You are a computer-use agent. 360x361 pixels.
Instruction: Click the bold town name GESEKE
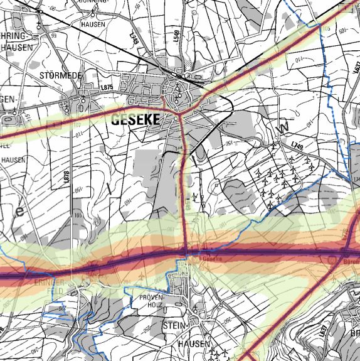(135, 121)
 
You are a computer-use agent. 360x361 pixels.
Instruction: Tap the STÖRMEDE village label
(61, 76)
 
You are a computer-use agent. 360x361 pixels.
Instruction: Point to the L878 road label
(65, 176)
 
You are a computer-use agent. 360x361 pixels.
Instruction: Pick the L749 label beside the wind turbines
(297, 146)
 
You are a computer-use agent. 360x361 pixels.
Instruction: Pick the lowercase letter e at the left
(19, 212)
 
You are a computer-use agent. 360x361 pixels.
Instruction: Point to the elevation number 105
(326, 30)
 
